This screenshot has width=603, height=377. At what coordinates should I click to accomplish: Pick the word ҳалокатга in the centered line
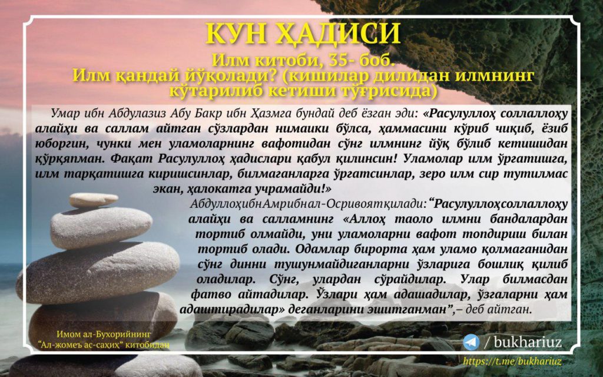pyautogui.click(x=212, y=190)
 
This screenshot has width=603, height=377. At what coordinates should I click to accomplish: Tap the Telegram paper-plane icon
pyautogui.click(x=471, y=342)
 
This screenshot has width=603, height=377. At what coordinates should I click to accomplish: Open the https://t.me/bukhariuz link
pyautogui.click(x=512, y=362)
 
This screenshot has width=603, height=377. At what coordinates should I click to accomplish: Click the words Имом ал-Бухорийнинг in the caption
pyautogui.click(x=104, y=335)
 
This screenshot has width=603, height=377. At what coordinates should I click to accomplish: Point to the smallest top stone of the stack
pyautogui.click(x=94, y=200)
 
